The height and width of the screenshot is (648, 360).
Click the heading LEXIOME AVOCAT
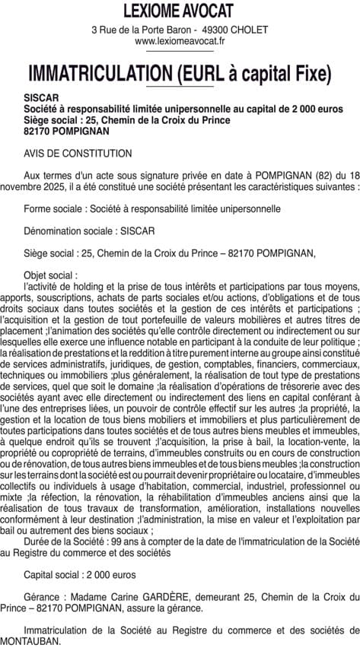coord(179,11)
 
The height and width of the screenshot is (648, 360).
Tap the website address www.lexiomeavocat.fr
coord(179,41)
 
